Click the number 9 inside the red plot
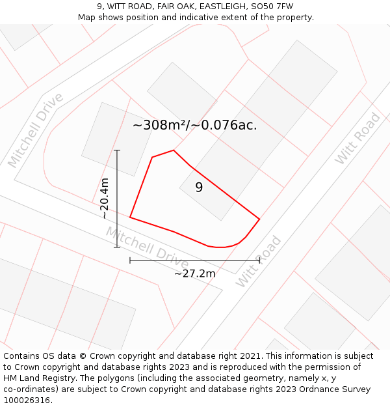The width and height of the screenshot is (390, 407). point(199,188)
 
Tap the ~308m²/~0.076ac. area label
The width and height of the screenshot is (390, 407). point(195,126)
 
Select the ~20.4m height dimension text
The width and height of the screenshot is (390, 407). point(105,199)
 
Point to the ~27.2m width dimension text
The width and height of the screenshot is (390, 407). point(194,274)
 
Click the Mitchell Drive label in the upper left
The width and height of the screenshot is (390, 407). point(36,130)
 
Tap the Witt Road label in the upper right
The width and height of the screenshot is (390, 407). point(357,139)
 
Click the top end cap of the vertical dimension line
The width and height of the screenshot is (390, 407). point(117,150)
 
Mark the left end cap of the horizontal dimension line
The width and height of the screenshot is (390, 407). point(130,260)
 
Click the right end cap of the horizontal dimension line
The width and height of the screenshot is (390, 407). point(259,260)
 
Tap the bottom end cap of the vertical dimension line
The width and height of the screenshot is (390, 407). point(117,247)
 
